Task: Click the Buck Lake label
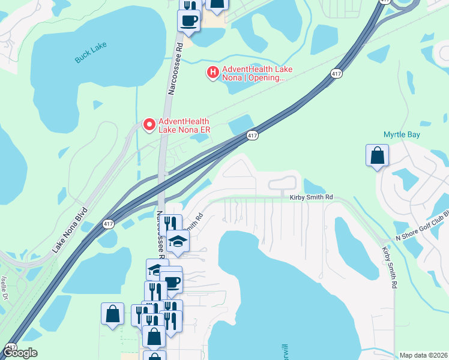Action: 90,57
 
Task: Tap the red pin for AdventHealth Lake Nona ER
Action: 148,124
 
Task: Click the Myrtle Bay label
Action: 402,134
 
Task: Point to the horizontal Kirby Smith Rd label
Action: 311,197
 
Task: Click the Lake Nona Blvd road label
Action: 70,230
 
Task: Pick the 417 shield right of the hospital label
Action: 336,73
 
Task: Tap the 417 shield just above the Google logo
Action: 11,347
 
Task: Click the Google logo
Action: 20,353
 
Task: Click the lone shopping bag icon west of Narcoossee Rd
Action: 112,314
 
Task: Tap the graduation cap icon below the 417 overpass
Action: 178,241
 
